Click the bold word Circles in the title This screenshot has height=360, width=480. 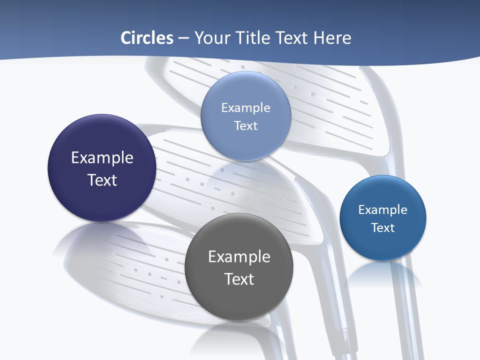pyautogui.click(x=147, y=38)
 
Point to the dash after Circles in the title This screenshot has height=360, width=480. pyautogui.click(x=183, y=38)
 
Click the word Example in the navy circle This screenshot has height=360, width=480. pyautogui.click(x=102, y=157)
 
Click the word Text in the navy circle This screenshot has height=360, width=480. pyautogui.click(x=102, y=180)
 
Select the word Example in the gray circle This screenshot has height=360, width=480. pyautogui.click(x=239, y=256)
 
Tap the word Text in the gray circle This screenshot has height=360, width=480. pyautogui.click(x=239, y=279)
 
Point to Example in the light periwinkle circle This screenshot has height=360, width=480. pyautogui.click(x=245, y=107)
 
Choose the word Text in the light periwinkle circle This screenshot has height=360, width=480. pyautogui.click(x=245, y=125)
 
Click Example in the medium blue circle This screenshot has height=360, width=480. pyautogui.click(x=383, y=209)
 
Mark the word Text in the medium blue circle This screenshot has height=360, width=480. pyautogui.click(x=383, y=227)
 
